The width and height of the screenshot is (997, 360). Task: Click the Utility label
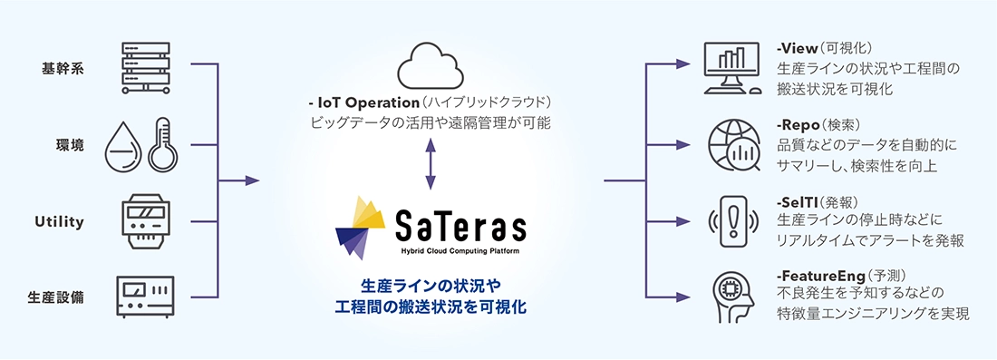pos(59,220)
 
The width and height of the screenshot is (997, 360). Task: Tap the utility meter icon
pos(145,219)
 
